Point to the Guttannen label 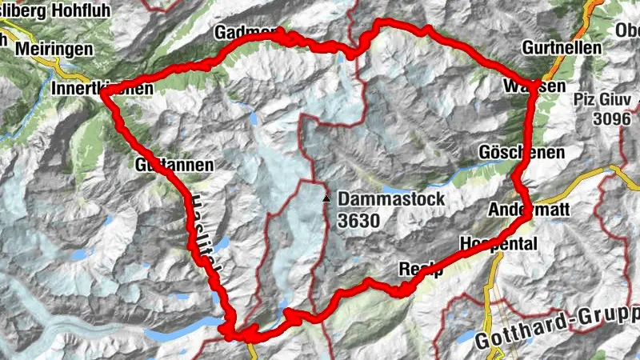[174, 166]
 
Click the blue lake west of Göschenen [472, 170]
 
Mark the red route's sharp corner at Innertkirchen [103, 94]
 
